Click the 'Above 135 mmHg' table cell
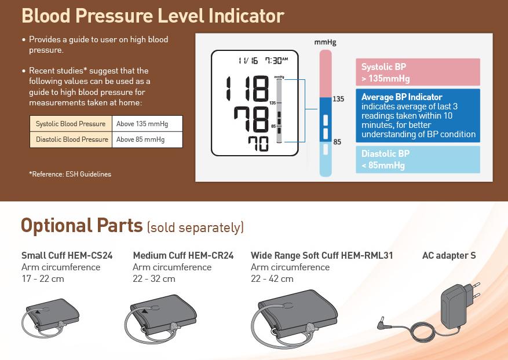147,124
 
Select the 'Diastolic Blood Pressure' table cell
71,139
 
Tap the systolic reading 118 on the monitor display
247,89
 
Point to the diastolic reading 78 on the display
251,119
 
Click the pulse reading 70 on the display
258,144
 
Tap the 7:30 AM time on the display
276,60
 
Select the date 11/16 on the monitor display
248,61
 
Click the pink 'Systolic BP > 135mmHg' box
418,72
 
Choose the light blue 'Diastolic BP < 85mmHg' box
418,159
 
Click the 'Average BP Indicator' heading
402,97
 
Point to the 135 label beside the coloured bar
338,99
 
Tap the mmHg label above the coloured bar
326,42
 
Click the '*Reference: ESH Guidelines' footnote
70,174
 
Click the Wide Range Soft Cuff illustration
294,318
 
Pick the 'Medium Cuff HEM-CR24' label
183,255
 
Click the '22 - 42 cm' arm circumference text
272,279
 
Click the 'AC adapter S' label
449,255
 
